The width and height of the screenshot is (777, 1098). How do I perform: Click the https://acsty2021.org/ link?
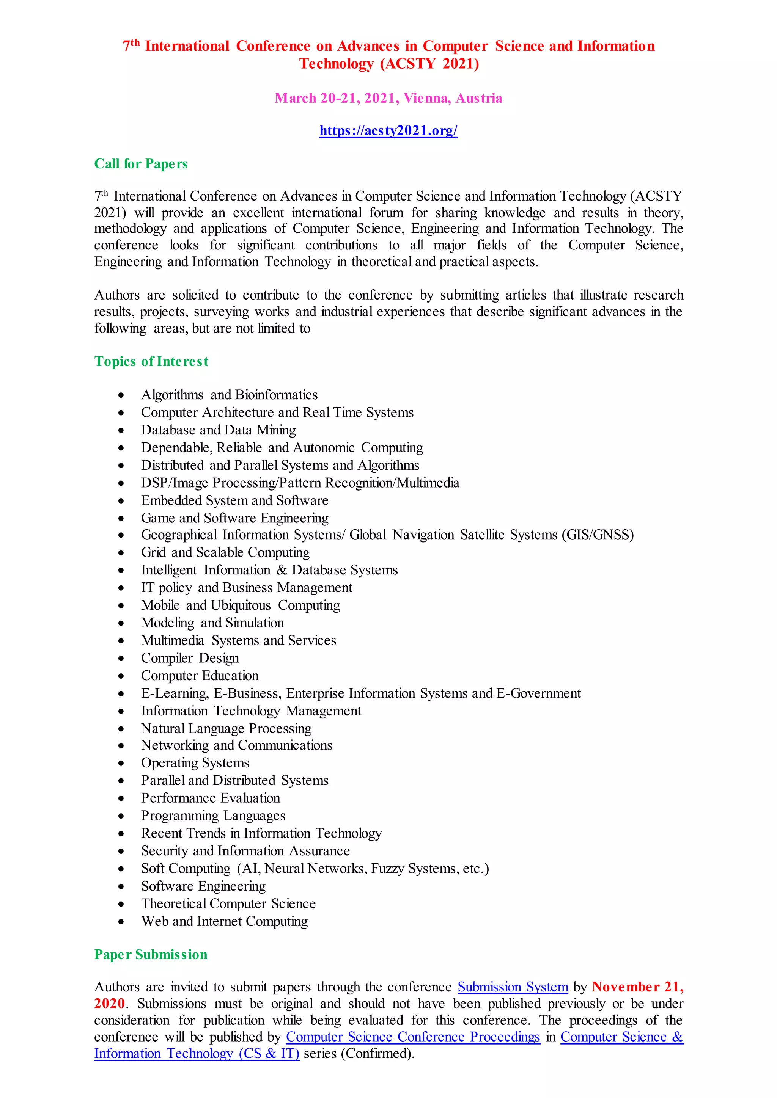tap(388, 130)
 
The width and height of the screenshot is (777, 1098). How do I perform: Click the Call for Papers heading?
tap(141, 164)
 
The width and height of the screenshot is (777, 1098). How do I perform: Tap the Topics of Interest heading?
tap(151, 362)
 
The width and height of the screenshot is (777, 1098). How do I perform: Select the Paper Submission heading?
tap(151, 955)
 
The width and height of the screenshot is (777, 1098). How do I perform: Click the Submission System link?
tap(513, 987)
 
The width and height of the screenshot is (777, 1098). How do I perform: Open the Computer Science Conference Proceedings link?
tap(413, 1037)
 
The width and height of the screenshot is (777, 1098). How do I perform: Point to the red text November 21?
tap(637, 987)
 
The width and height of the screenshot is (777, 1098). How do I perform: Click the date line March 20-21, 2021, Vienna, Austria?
tap(388, 99)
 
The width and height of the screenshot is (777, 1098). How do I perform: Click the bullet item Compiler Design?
tap(190, 659)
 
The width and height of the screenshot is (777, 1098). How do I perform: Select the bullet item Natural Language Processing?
tap(226, 729)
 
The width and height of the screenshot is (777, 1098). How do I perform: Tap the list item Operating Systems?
tap(195, 763)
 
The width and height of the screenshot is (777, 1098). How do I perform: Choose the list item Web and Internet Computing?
tap(224, 922)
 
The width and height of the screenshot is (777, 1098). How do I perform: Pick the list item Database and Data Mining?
tap(218, 430)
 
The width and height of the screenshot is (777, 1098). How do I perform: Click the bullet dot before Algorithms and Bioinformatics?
tap(121, 395)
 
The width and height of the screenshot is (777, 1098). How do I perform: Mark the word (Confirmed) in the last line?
tap(376, 1054)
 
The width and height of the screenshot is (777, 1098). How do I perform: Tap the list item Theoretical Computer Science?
tap(228, 904)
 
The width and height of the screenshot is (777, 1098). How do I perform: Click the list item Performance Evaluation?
tap(211, 798)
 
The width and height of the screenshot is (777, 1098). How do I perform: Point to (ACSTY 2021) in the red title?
tap(429, 64)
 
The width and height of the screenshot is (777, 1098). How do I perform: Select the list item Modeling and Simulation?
tap(212, 623)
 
